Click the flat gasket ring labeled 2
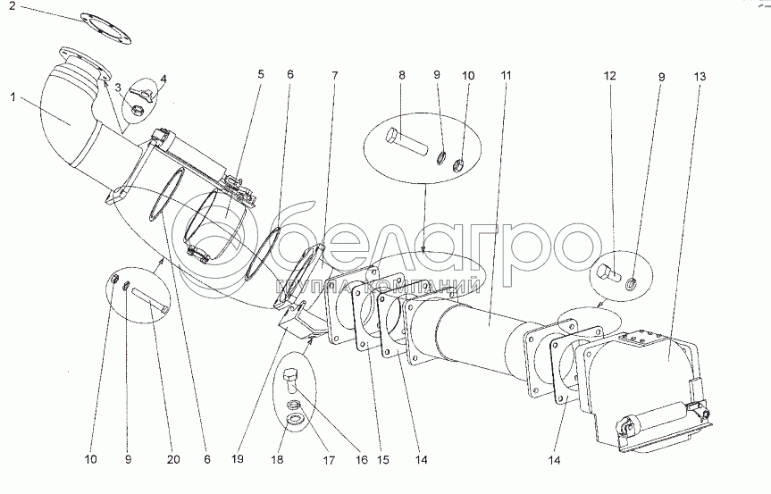pyautogui.click(x=105, y=23)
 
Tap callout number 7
pyautogui.click(x=336, y=76)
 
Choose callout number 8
pyautogui.click(x=401, y=76)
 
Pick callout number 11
pyautogui.click(x=507, y=76)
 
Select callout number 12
pyautogui.click(x=609, y=76)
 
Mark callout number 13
pyautogui.click(x=699, y=76)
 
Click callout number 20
pyautogui.click(x=172, y=460)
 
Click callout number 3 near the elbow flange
pyautogui.click(x=118, y=87)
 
